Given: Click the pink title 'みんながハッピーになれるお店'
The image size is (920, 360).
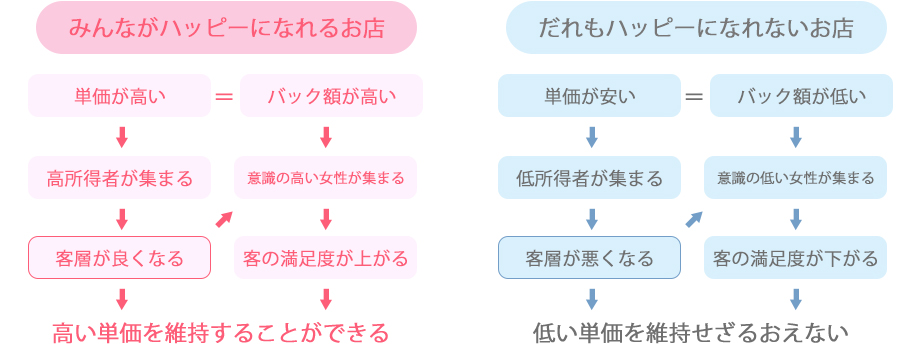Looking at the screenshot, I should tap(226, 27).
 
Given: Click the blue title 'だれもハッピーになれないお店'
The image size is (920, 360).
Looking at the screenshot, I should tap(696, 27).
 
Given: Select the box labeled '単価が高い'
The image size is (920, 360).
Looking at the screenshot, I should tap(120, 96).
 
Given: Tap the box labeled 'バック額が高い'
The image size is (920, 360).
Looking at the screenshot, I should tap(331, 96).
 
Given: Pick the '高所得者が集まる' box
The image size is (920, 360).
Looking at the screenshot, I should tap(120, 178).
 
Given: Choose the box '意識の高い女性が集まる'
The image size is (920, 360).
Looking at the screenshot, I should tap(326, 178).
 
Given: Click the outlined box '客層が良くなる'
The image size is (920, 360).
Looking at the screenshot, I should tap(120, 258).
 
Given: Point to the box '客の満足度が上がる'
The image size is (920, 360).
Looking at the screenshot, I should tap(326, 258).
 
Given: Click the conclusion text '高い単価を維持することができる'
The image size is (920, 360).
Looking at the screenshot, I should tap(220, 332).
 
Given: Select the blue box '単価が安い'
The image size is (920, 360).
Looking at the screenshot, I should tap(590, 96).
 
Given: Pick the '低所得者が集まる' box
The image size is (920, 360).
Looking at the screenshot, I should tap(590, 178).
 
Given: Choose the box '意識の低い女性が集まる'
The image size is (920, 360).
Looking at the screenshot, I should tap(796, 178).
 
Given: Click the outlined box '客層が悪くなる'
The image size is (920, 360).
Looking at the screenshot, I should tap(590, 258).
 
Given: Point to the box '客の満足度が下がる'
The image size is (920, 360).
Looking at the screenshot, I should tap(796, 258).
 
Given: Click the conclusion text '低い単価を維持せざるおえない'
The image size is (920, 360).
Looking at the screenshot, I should tap(691, 332).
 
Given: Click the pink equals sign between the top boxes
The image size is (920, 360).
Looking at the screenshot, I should tap(225, 96).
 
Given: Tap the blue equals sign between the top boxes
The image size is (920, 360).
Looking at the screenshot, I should tap(694, 96).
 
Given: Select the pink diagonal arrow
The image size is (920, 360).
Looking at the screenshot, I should tap(225, 218).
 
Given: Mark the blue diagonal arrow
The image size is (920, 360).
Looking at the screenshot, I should tap(694, 218).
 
